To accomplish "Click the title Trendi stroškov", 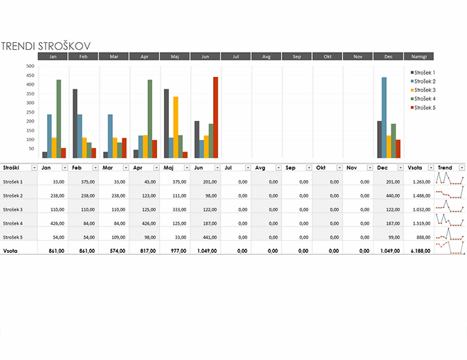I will coord(46,46).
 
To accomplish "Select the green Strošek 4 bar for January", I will coord(59,118).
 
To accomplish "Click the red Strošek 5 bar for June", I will coord(215,117).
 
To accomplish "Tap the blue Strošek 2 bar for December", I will coord(384,118).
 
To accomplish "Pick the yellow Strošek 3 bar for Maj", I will coord(176,127).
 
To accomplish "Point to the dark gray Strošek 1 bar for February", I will coord(75,123).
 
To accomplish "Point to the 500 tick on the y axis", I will coord(30,66).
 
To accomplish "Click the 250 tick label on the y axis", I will coord(30,112).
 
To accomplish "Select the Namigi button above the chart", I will coord(419,56).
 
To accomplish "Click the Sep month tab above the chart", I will coord(297,56).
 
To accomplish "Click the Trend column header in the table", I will coord(445,168).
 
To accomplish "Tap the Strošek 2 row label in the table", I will coord(13,195).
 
